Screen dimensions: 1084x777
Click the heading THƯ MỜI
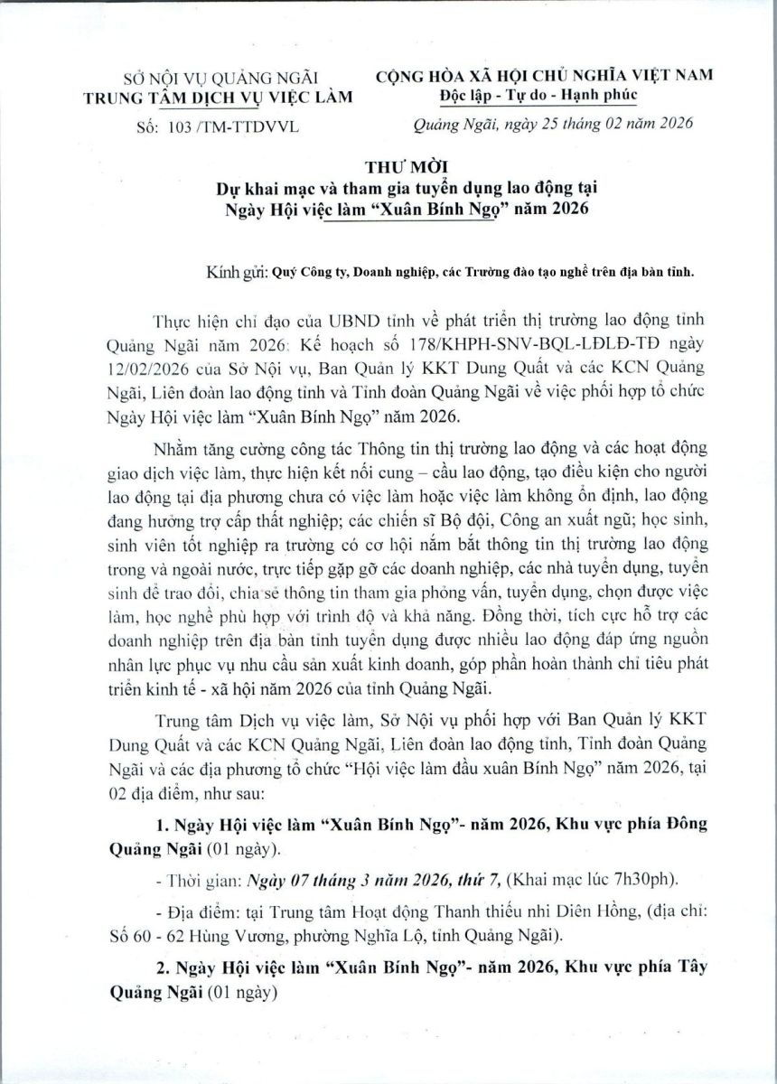(388, 168)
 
